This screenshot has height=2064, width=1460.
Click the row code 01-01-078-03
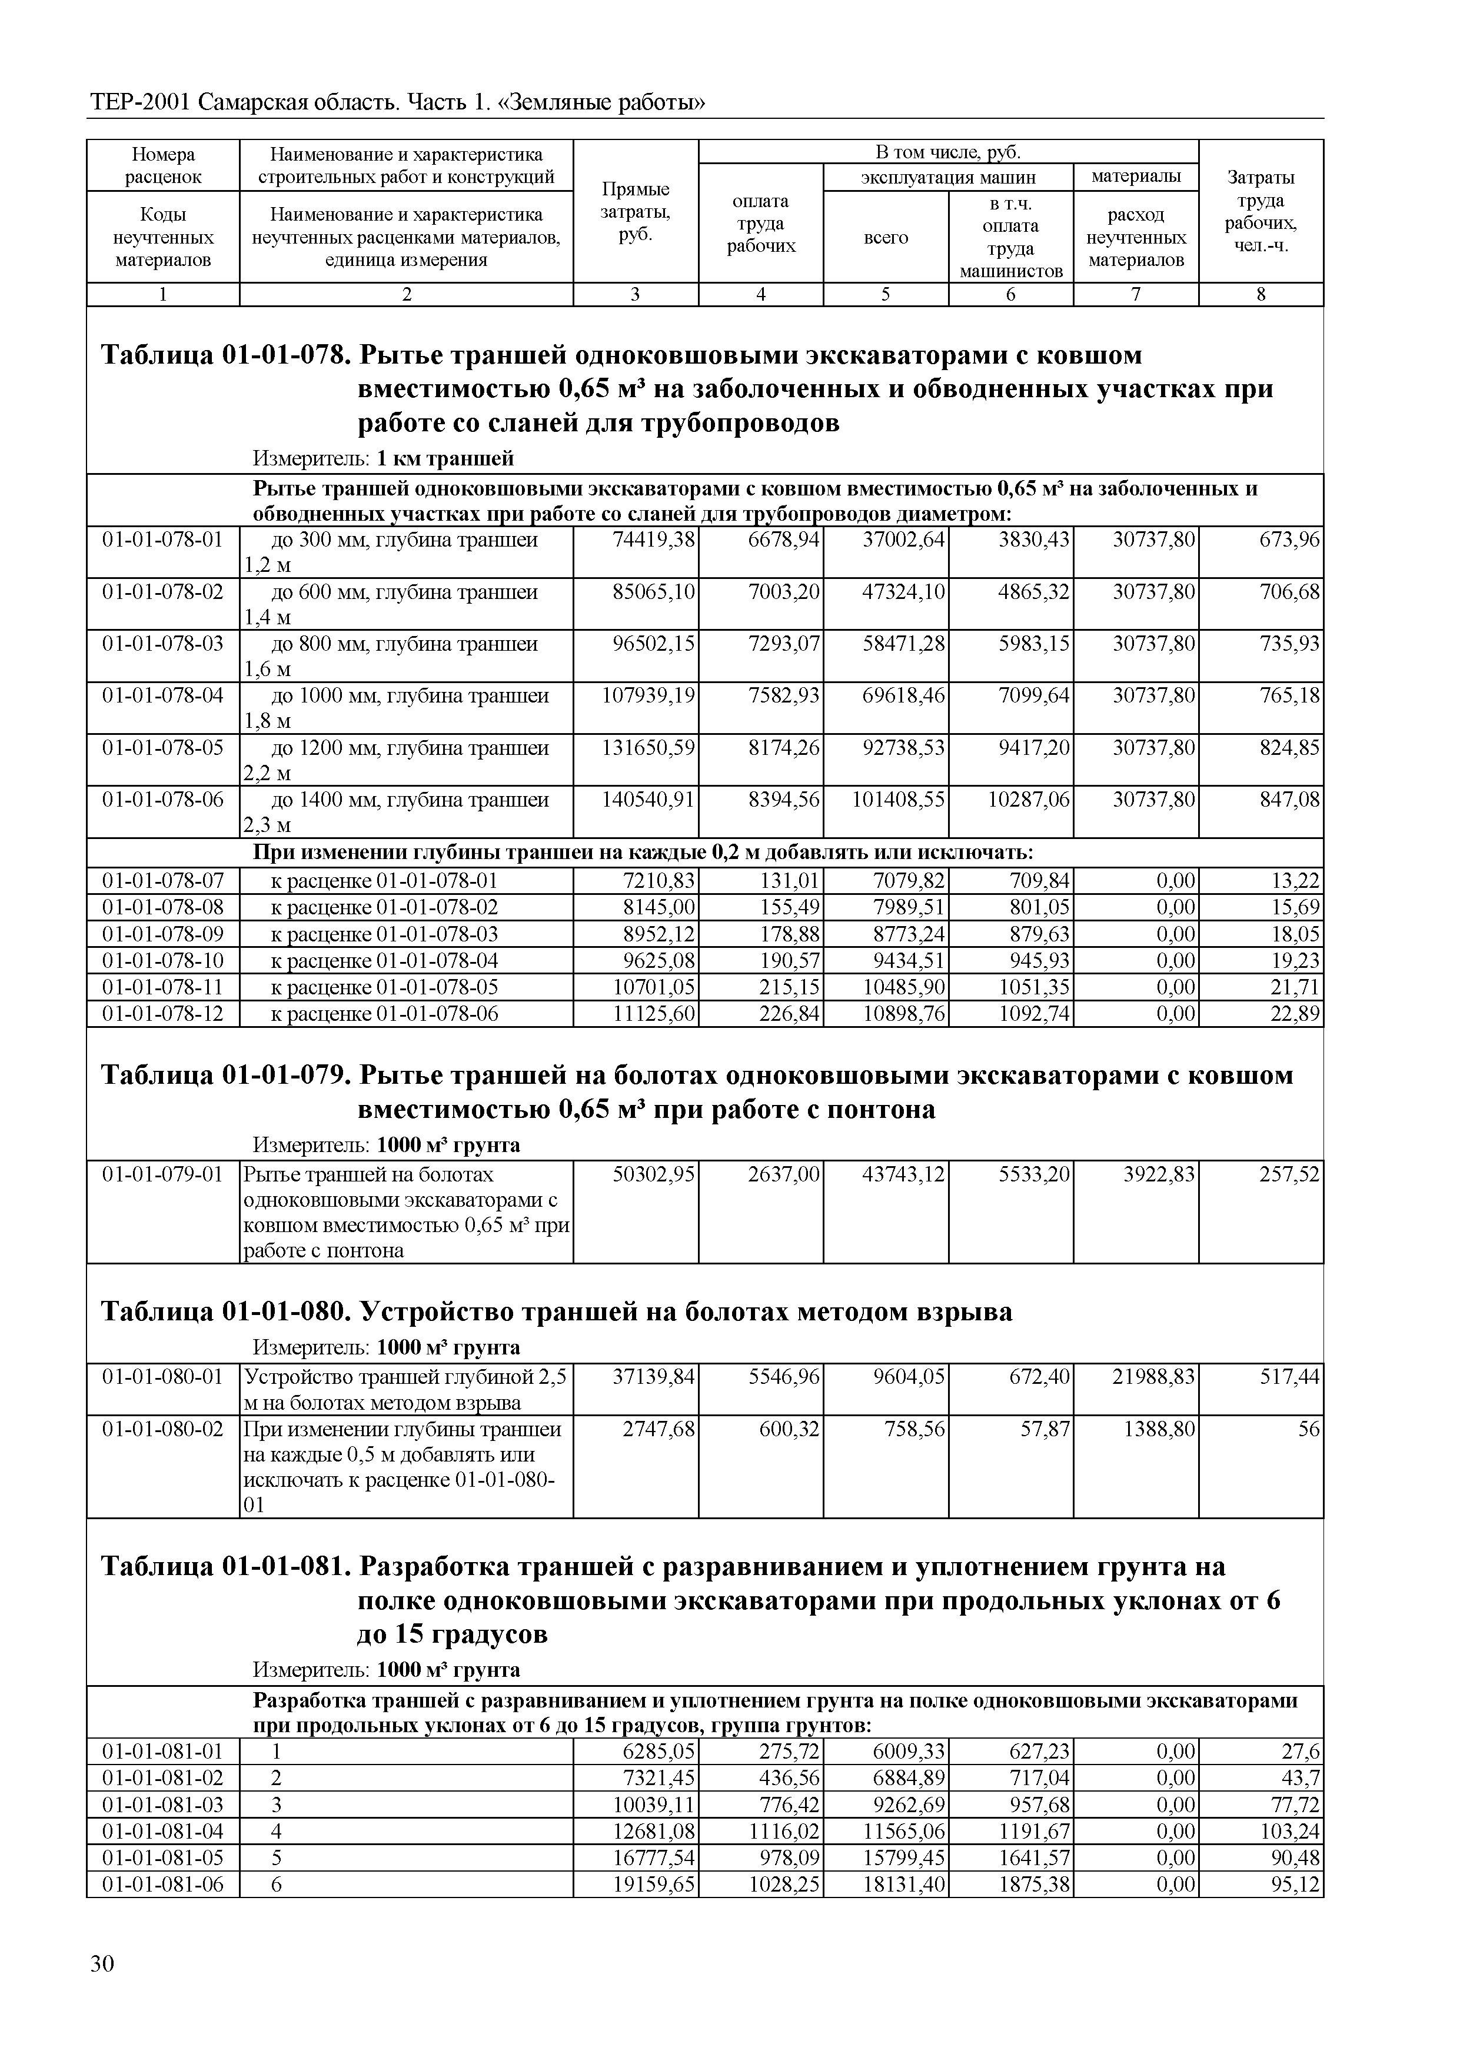[163, 644]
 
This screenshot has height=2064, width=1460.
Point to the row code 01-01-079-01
[163, 1175]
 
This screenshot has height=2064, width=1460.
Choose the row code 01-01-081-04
[163, 1831]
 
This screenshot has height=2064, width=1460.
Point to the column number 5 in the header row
[886, 295]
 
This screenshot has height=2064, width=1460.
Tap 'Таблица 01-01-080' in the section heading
[224, 1313]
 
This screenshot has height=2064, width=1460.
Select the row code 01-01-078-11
[163, 987]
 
